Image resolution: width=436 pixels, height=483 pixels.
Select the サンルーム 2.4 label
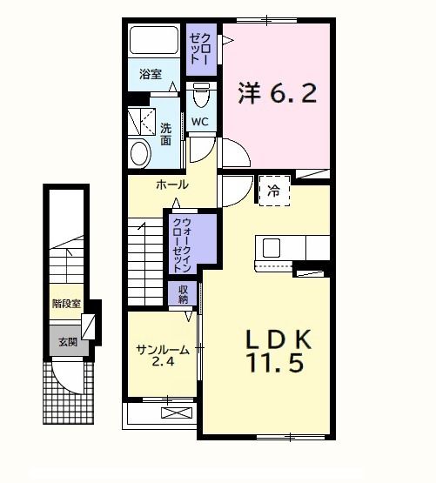point(161,356)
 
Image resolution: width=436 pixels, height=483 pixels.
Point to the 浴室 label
point(151,74)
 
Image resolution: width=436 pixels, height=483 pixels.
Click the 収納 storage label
point(184,293)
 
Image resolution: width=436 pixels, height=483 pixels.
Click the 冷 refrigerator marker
point(274,190)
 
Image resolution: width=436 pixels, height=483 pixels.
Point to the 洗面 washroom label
point(165,133)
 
